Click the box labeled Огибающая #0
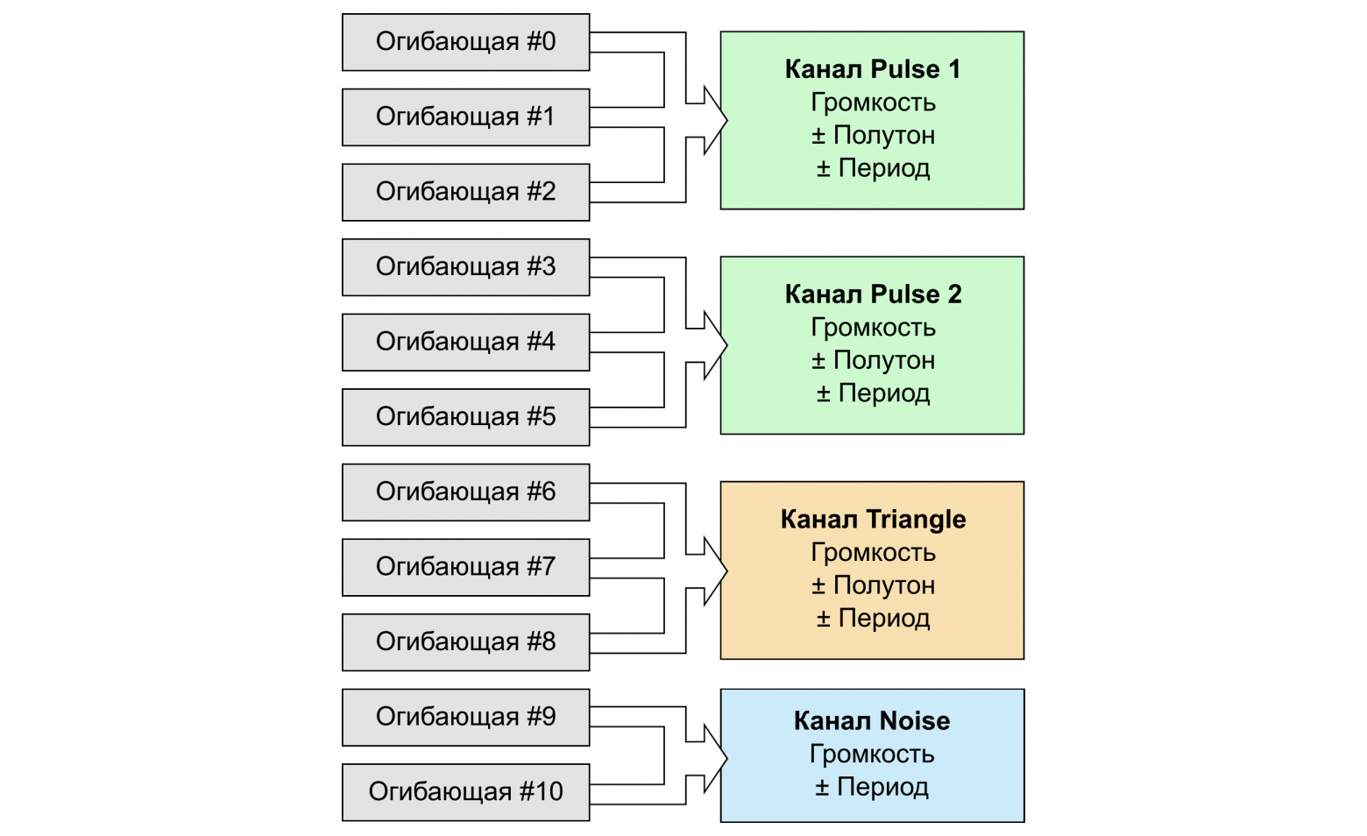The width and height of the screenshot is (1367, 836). click(465, 42)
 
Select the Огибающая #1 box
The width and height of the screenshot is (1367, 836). click(465, 117)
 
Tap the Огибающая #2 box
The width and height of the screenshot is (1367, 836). click(465, 192)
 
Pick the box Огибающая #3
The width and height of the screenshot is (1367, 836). click(465, 266)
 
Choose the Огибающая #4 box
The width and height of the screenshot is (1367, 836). click(465, 342)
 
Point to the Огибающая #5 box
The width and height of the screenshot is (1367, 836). click(465, 416)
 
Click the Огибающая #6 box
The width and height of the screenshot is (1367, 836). click(465, 492)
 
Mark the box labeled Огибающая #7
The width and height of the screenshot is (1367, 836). click(465, 567)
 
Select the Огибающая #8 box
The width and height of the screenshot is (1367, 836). click(465, 641)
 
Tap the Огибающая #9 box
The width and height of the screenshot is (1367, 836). click(465, 717)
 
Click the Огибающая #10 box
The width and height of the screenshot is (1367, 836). click(465, 792)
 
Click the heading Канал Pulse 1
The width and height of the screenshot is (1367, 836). click(872, 69)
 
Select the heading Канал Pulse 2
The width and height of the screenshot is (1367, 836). click(872, 294)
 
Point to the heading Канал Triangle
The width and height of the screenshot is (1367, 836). click(872, 520)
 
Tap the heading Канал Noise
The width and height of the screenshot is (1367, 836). click(872, 721)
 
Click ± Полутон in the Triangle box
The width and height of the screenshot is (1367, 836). click(872, 585)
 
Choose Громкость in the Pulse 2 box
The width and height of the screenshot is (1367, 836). click(872, 328)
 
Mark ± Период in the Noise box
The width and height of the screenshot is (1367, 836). click(872, 787)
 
